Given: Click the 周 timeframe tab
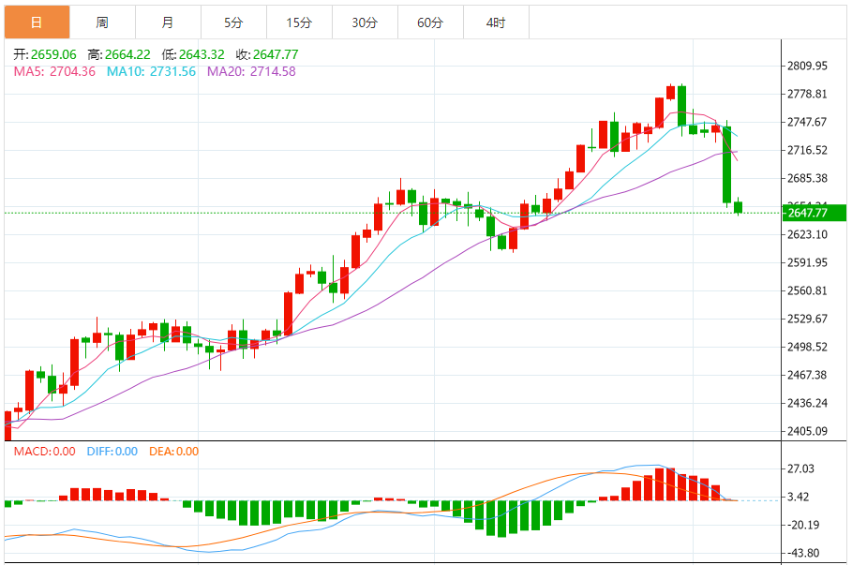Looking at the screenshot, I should (101, 22).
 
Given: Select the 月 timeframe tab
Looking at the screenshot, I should (167, 22).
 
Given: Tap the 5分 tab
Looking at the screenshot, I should (233, 22).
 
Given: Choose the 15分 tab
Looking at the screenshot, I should (299, 22).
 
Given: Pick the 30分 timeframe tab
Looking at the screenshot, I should (365, 22).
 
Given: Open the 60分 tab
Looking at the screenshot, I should (430, 22).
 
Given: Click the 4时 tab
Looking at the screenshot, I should (496, 22).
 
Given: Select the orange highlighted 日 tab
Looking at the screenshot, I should (36, 22).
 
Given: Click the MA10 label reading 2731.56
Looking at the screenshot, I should (151, 71).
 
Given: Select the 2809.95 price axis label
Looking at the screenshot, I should (807, 67).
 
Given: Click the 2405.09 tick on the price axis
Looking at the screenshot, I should (807, 432).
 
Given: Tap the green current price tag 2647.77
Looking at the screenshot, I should (812, 213).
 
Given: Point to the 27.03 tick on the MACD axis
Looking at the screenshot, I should (800, 468).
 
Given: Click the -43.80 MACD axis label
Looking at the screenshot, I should (803, 553).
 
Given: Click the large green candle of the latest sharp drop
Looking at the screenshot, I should (726, 165).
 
